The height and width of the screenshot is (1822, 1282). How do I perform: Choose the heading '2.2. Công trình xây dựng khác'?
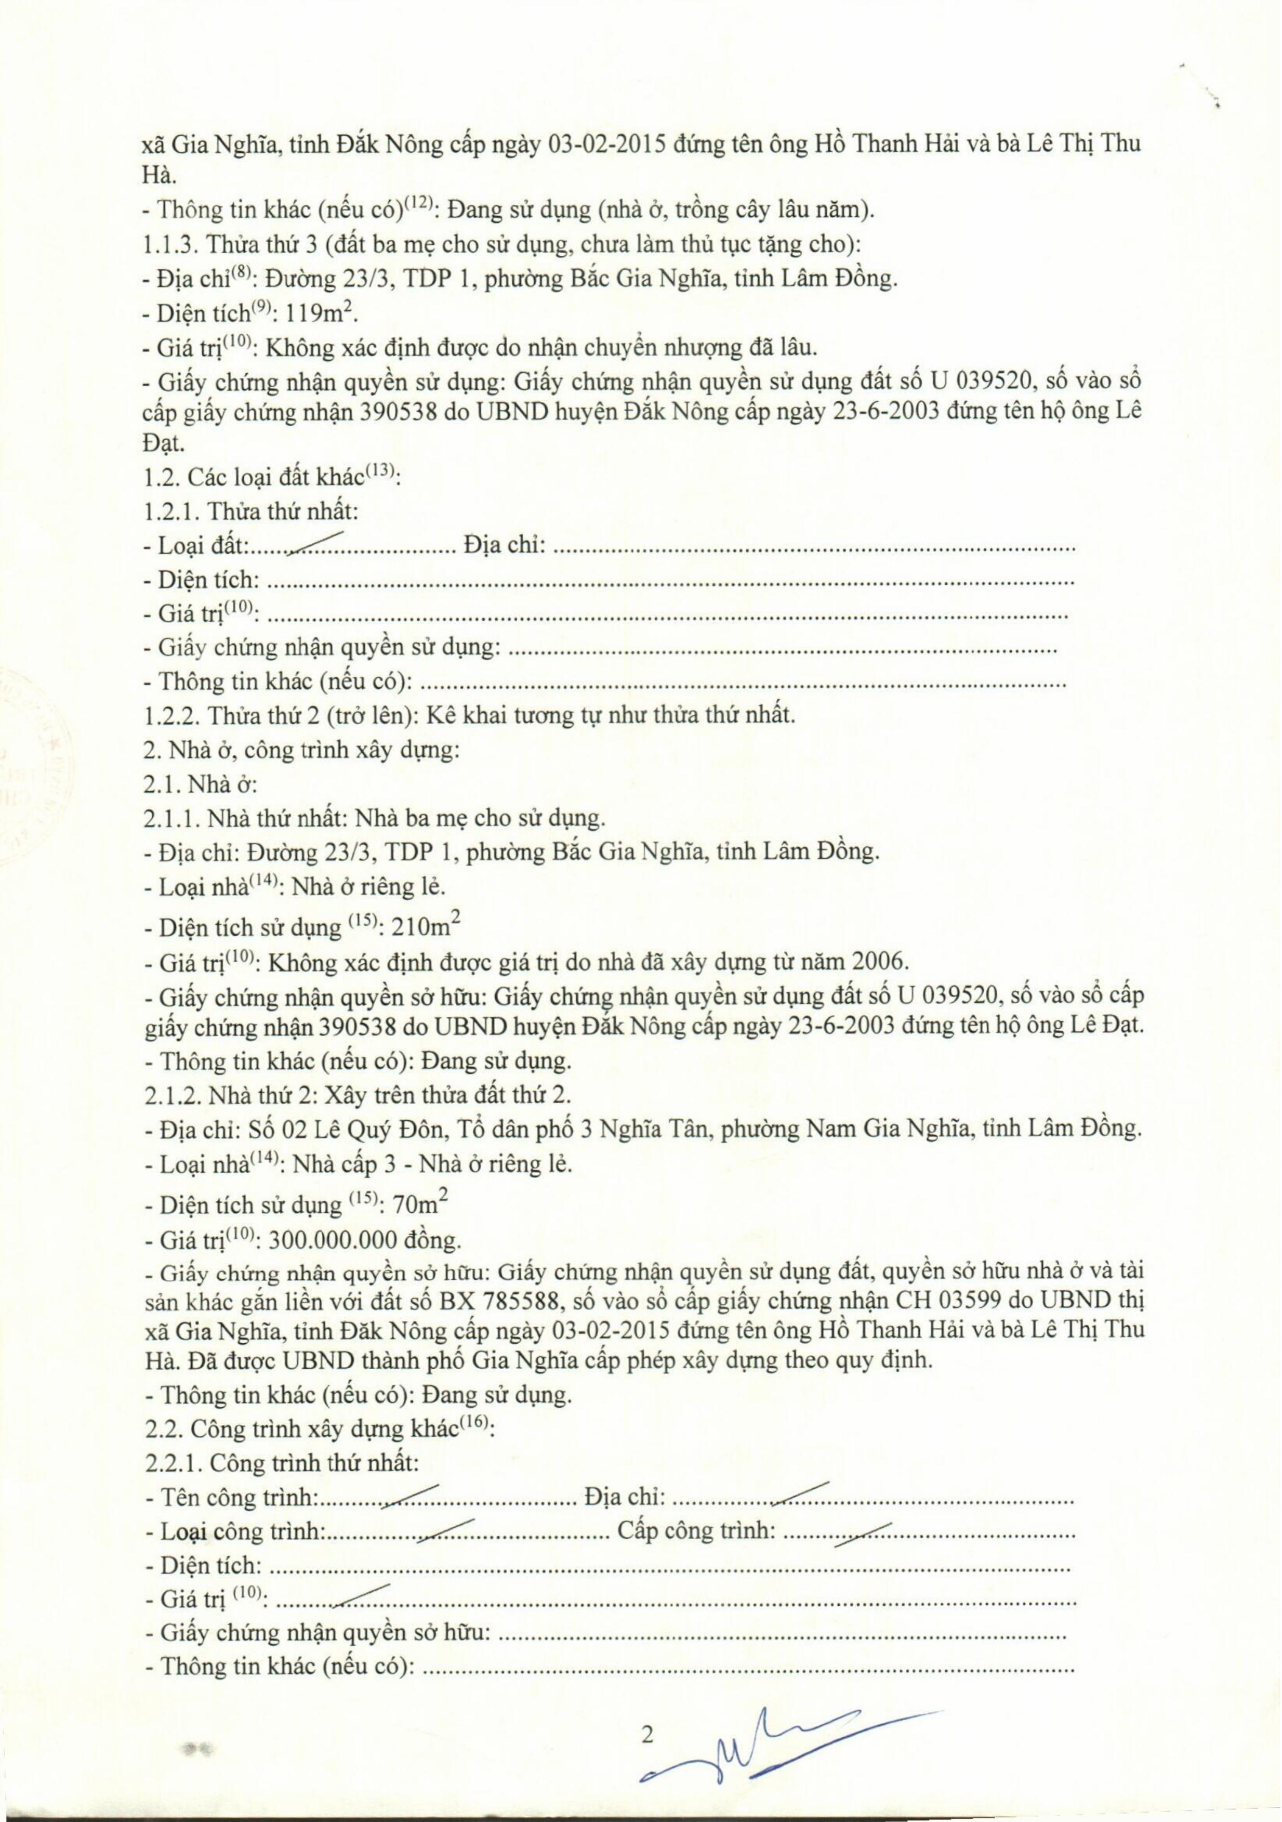[318, 1429]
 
